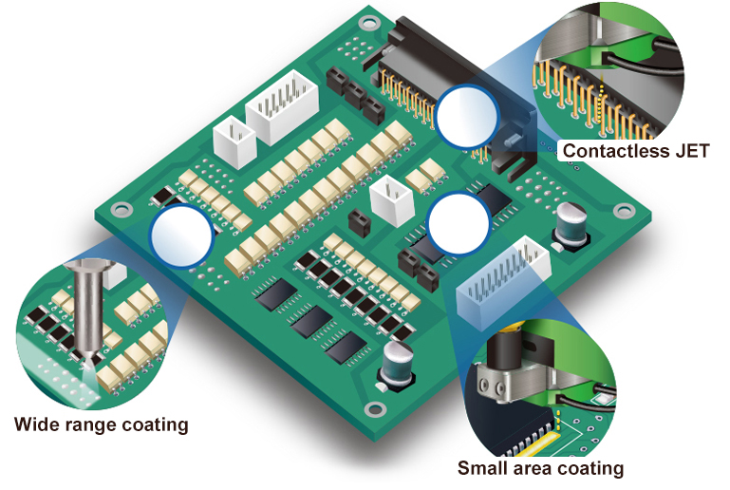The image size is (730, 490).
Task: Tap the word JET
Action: click(692, 150)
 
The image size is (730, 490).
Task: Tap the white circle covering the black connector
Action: click(467, 114)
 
